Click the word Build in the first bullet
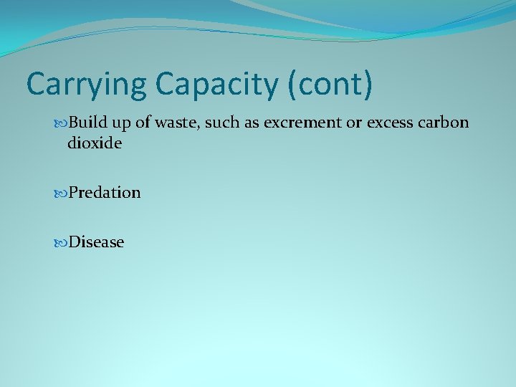click(87, 123)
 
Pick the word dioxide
click(95, 143)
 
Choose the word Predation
click(105, 193)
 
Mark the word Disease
click(96, 242)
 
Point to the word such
click(225, 123)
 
